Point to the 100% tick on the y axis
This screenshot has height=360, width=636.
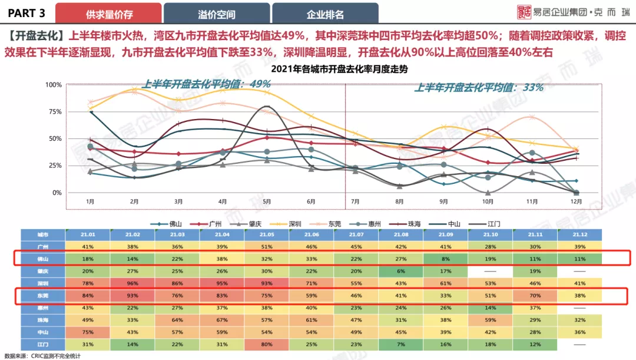[x=54, y=85]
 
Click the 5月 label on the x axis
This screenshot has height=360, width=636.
[x=267, y=202]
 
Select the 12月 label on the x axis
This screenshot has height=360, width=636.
[x=577, y=202]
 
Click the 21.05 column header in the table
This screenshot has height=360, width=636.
[x=267, y=235]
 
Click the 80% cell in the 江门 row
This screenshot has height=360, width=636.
[x=267, y=344]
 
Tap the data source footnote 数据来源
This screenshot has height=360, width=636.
[x=42, y=356]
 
